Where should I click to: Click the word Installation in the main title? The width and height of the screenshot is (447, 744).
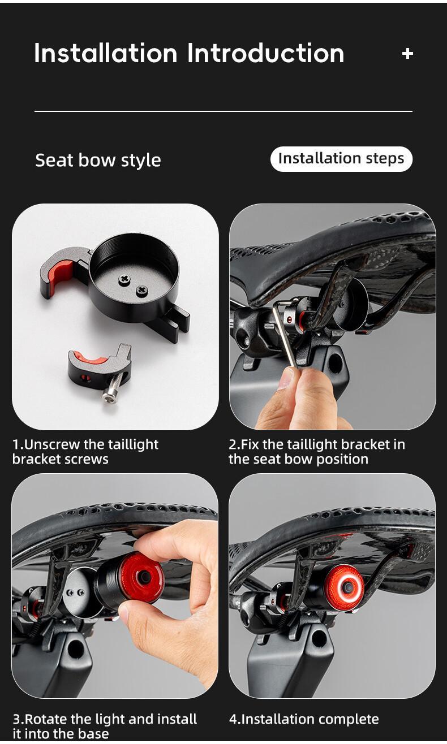click(x=106, y=53)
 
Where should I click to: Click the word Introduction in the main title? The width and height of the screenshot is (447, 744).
click(x=265, y=53)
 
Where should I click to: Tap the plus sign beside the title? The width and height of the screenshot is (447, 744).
click(x=407, y=54)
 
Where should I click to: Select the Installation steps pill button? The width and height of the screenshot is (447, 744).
click(x=341, y=159)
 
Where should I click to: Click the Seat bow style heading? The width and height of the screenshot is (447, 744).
click(x=98, y=160)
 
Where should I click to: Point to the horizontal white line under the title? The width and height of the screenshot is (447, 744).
click(x=223, y=111)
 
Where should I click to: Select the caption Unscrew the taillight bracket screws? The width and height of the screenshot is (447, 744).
click(x=85, y=451)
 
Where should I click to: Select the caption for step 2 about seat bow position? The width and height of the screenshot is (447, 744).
click(x=316, y=451)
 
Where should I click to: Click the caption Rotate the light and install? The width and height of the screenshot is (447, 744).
click(x=105, y=726)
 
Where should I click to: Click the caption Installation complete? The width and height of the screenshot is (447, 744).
click(x=304, y=719)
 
